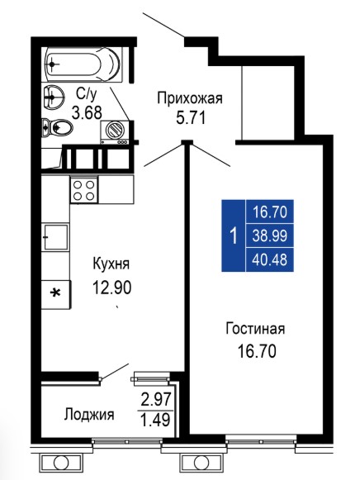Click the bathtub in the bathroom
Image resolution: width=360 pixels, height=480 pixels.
click(83, 64)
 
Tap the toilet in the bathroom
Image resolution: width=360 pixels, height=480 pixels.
click(57, 126)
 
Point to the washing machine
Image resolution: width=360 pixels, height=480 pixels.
click(115, 132)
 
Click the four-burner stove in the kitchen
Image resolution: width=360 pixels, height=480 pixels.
click(84, 189)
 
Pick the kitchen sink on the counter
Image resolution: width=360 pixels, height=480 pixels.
click(55, 237)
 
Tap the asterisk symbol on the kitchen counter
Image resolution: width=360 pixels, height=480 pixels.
click(55, 293)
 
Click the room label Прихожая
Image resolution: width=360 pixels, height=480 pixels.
click(190, 99)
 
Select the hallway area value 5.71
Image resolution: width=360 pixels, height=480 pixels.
click(190, 117)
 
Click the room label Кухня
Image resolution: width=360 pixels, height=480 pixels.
click(111, 264)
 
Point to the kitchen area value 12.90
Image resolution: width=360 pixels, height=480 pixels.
click(112, 288)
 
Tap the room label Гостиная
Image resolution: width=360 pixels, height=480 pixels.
click(255, 329)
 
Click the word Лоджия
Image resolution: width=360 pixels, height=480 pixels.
click(89, 415)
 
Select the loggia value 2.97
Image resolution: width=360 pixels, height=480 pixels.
click(156, 399)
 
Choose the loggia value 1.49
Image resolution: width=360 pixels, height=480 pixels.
click(155, 420)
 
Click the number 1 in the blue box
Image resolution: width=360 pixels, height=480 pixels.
click(234, 236)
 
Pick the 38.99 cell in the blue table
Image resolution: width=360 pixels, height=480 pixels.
click(270, 236)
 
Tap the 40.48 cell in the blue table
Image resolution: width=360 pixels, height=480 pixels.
click(270, 260)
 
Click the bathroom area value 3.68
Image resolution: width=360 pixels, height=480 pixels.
click(87, 113)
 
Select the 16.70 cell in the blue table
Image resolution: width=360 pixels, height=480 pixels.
click(270, 211)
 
